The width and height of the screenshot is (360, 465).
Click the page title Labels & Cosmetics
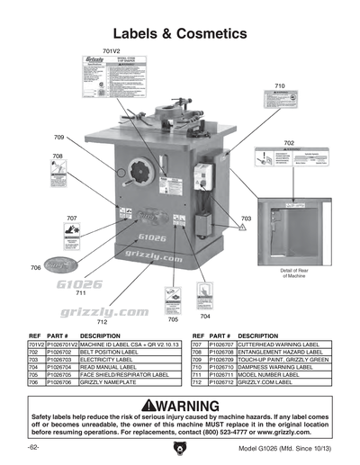click(180, 33)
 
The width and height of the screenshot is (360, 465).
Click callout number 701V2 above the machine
click(111, 51)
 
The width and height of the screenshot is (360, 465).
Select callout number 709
click(58, 138)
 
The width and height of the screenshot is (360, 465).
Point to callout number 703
click(247, 219)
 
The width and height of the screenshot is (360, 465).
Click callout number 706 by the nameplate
click(36, 268)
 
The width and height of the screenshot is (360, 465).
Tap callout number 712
click(102, 321)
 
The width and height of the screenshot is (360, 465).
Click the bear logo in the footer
click(180, 448)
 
